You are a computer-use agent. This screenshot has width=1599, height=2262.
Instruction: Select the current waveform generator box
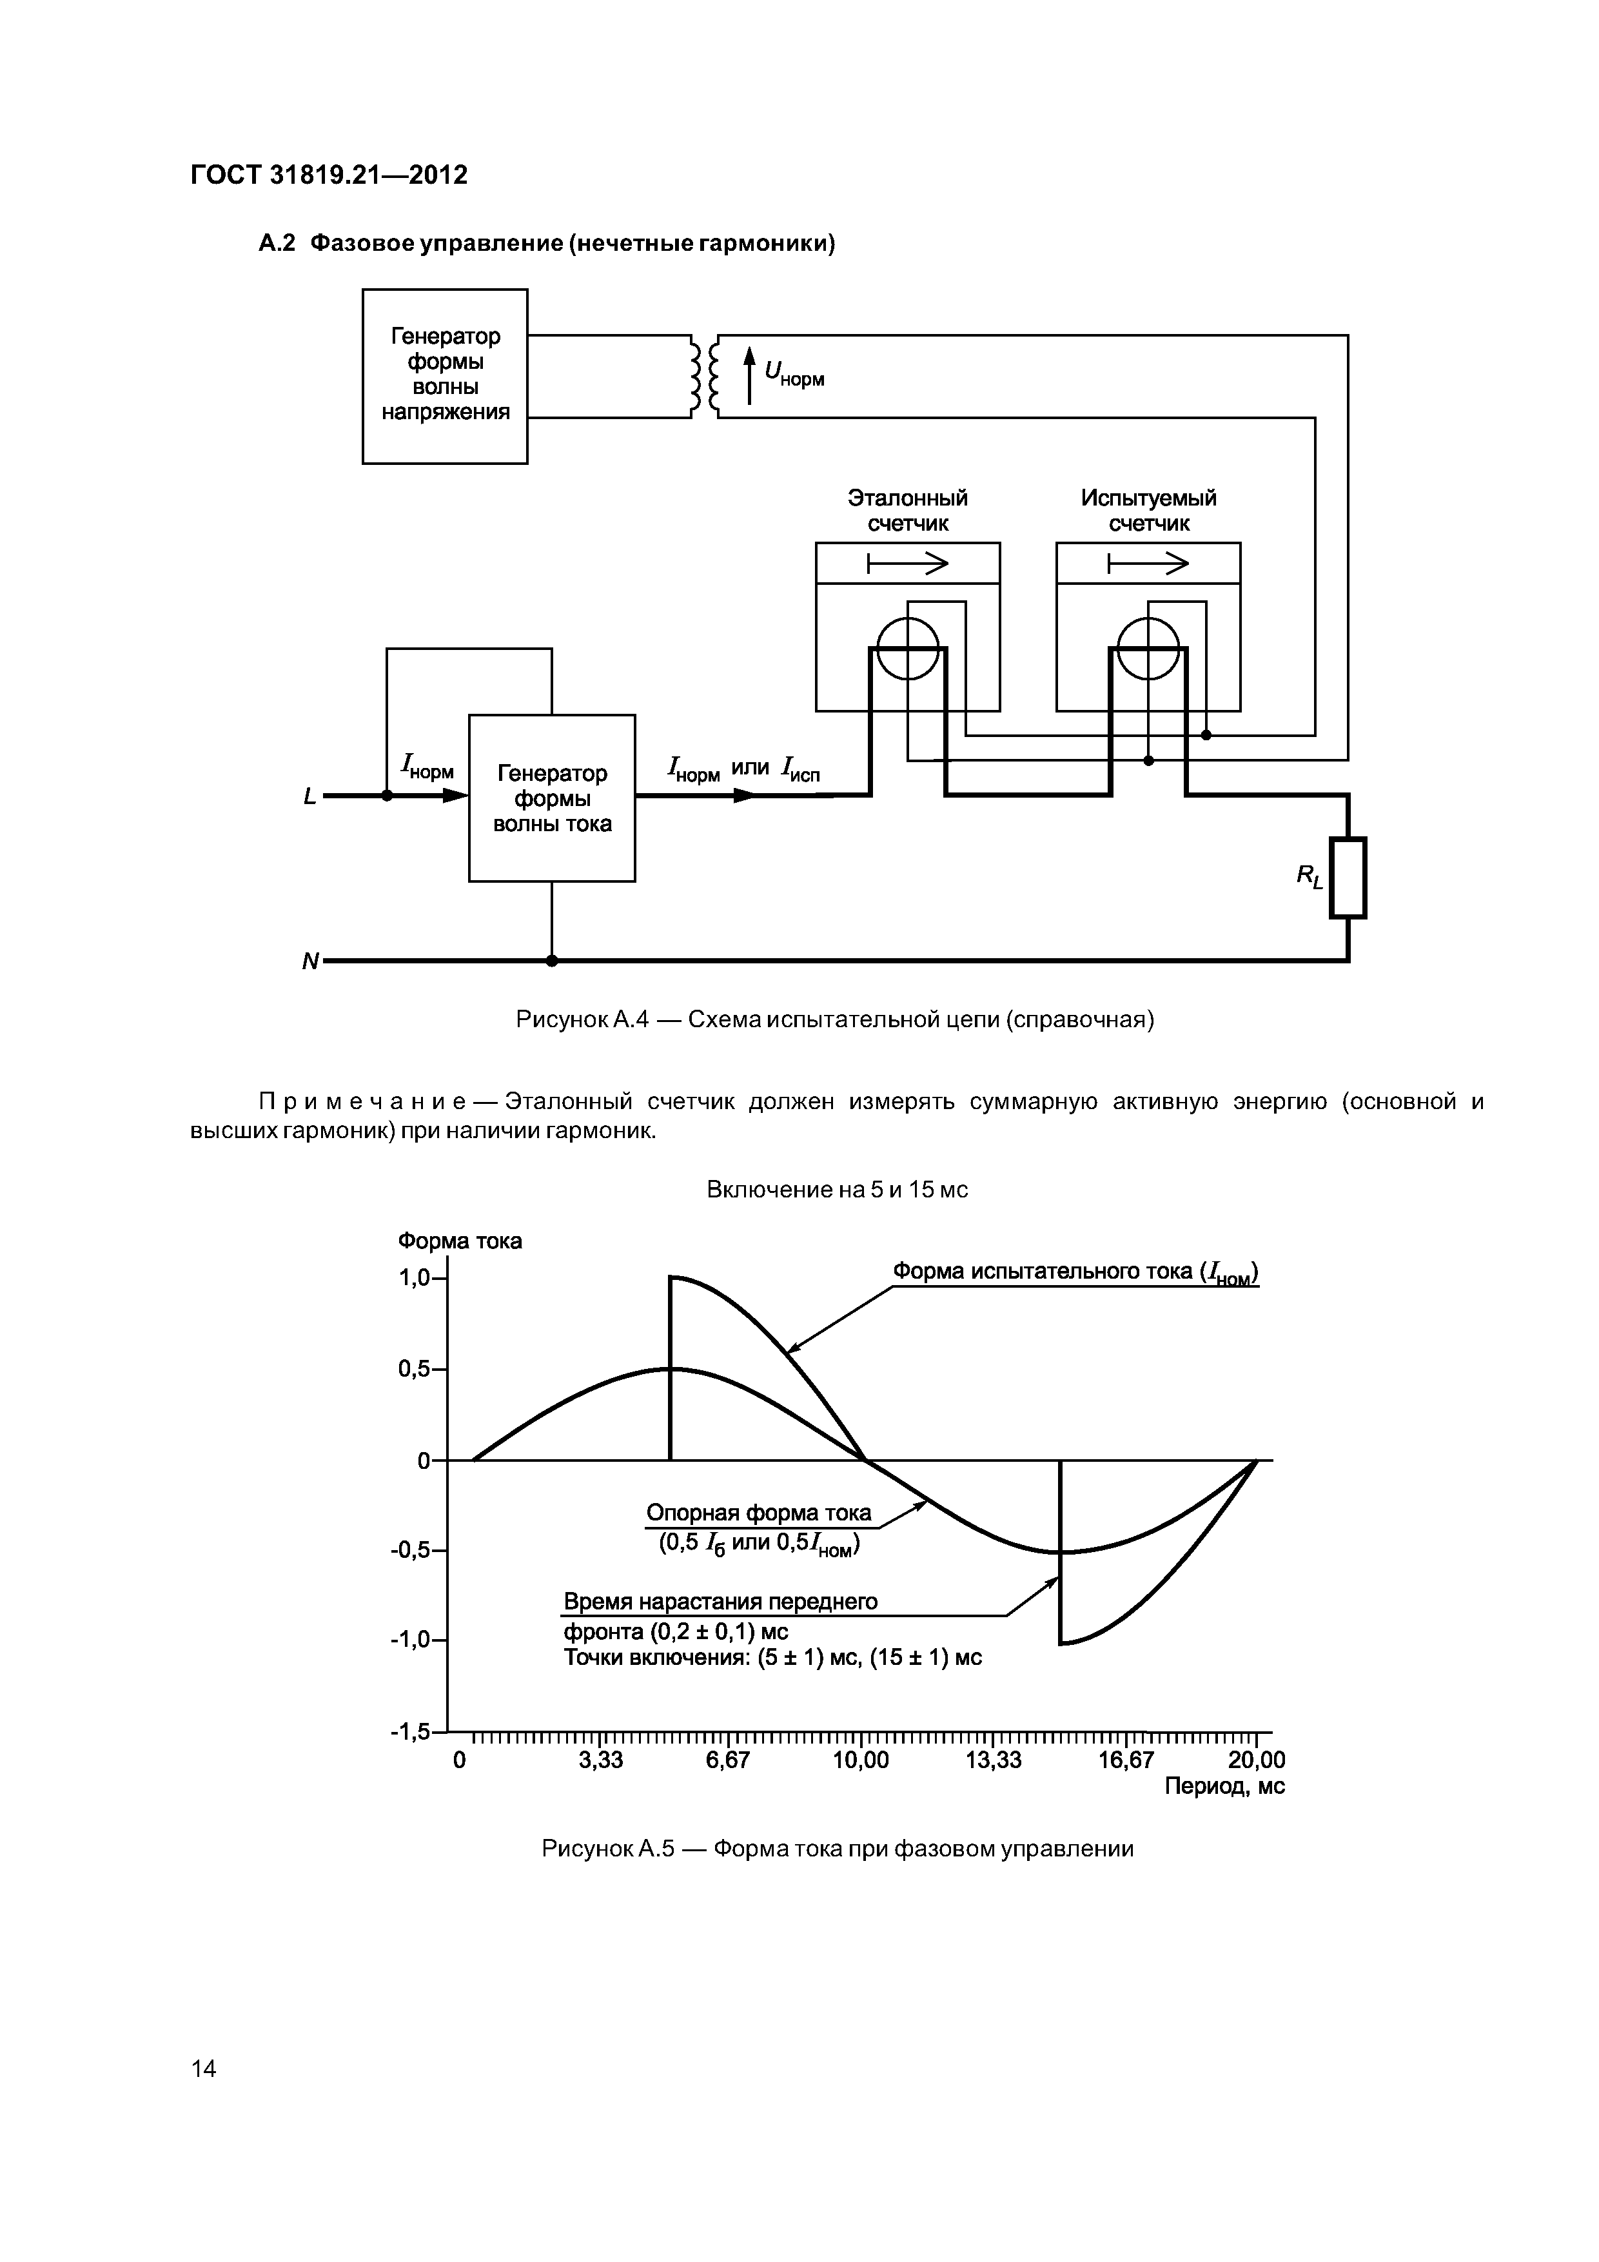(552, 798)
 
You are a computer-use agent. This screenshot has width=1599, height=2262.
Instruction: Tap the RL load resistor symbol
(1348, 877)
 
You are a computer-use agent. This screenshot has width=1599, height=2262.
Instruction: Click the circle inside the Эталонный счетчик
(907, 648)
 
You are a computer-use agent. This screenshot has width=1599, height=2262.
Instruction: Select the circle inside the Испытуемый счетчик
(1148, 648)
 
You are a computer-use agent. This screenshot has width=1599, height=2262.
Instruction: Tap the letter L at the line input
(310, 796)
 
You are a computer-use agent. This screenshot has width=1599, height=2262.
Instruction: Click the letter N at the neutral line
(310, 961)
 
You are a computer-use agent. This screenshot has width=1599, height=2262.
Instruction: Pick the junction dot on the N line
(552, 961)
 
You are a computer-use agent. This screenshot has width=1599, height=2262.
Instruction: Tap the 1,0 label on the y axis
(414, 1278)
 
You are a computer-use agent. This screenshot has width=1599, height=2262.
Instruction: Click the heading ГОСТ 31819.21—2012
(328, 175)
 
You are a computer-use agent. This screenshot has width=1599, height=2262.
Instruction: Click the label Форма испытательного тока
(1074, 1272)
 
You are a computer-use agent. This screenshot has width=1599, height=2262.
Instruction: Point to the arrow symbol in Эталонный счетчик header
(907, 564)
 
